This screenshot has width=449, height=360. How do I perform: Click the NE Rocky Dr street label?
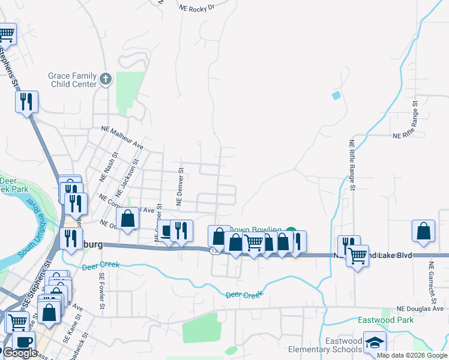click(x=197, y=7)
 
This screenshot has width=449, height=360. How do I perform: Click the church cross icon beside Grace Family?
click(x=106, y=79)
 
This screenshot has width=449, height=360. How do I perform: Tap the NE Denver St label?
click(x=179, y=186)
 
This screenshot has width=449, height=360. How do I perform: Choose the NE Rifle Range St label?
click(x=353, y=166)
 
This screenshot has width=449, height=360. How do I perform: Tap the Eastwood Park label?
click(x=386, y=320)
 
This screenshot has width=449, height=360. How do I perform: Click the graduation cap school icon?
click(x=375, y=342)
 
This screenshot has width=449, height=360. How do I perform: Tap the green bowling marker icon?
click(x=291, y=231)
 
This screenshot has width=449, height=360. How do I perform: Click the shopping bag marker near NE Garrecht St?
click(x=424, y=231)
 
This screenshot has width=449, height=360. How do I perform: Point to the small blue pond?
click(x=336, y=95)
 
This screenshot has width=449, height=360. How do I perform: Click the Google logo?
click(x=20, y=353)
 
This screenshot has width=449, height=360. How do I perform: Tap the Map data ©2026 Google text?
click(x=412, y=355)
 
